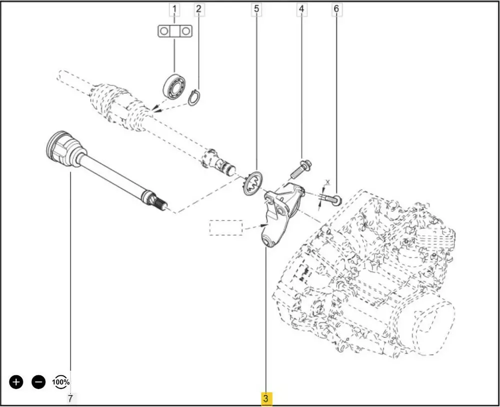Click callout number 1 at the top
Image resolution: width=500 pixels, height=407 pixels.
pos(174,9)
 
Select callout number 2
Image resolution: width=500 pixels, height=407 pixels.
pos(198,9)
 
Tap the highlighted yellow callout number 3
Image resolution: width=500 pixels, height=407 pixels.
pos(265,399)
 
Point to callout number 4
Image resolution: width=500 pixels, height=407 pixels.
pos(301,9)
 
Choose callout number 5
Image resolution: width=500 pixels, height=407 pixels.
pos(256,9)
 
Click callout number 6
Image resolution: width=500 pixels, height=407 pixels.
pos(336,9)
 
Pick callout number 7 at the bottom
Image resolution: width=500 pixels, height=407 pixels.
pos(70,399)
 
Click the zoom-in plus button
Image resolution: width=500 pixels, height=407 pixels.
pos(16,382)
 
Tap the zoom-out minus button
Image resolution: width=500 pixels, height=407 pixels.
pos(38,382)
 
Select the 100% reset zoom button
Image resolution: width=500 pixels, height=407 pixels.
pos(61,382)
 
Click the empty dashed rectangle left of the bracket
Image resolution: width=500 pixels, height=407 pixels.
pos(225,228)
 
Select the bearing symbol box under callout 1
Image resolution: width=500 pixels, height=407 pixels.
pos(174,31)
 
